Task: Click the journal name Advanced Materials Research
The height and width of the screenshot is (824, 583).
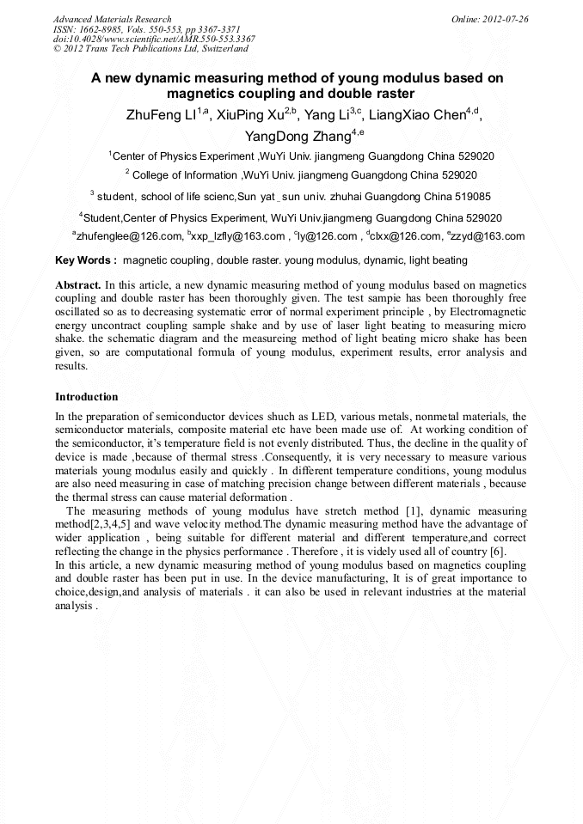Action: click(112, 19)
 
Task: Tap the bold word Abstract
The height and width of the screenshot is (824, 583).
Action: click(78, 284)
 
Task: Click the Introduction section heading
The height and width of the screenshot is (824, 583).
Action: click(86, 397)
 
